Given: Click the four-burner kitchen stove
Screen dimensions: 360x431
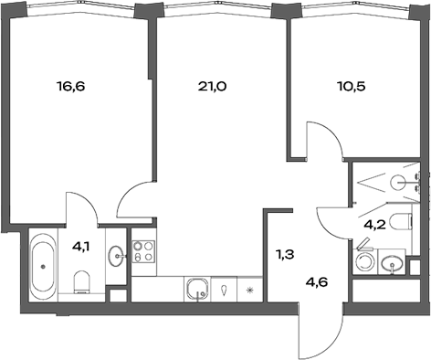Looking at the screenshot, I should (x=143, y=251).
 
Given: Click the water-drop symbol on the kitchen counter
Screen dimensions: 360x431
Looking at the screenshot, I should (x=226, y=292).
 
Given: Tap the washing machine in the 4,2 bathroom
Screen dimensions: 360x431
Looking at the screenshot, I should (x=365, y=262).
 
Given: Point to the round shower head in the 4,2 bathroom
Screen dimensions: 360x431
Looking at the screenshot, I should (x=398, y=183).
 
